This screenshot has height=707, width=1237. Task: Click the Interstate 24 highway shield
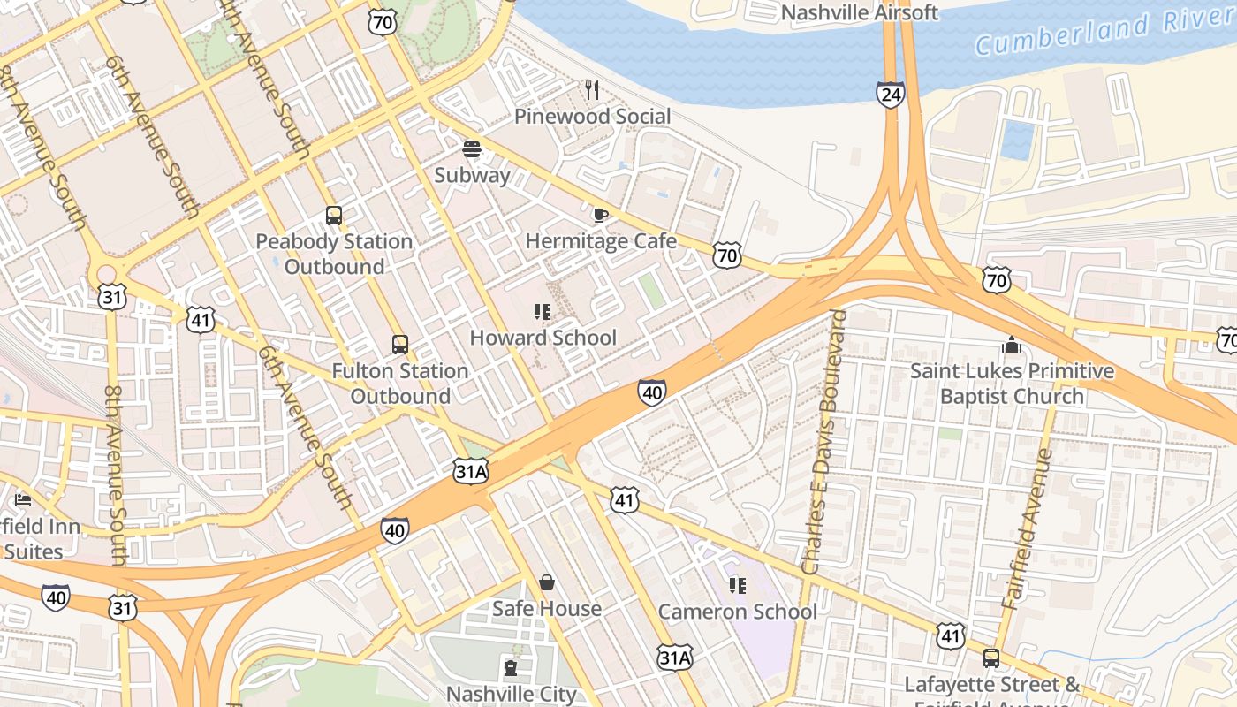pos(891,95)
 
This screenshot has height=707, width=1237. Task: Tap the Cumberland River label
pos(1104,33)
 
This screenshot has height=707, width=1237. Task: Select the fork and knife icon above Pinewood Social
pos(592,89)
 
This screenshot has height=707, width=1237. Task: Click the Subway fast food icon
pos(472,148)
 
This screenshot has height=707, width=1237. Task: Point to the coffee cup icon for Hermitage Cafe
pos(600,215)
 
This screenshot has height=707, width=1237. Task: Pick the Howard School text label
pos(543,338)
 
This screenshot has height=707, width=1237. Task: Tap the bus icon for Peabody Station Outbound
pos(334,215)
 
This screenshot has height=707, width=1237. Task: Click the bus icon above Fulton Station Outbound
pos(400,345)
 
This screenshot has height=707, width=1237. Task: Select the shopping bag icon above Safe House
pos(547,582)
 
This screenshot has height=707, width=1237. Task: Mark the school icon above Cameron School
pos(738,585)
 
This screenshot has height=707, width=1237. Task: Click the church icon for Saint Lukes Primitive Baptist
pos(1012,345)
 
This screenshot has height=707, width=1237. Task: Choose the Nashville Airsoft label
pos(860,12)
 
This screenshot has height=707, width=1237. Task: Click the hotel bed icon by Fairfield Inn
pos(23,500)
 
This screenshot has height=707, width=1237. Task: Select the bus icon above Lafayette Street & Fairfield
pos(991,658)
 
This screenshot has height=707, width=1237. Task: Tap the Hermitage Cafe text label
pos(601,241)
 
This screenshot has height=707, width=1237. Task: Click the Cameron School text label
pos(738,612)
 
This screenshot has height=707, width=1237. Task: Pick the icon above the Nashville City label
pos(511,667)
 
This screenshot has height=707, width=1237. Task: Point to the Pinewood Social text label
pos(592,116)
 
